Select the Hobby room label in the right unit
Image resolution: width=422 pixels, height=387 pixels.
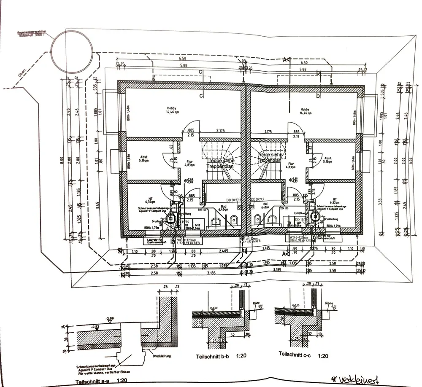click(x=306, y=110)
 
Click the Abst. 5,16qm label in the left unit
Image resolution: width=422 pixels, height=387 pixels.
click(x=144, y=159)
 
